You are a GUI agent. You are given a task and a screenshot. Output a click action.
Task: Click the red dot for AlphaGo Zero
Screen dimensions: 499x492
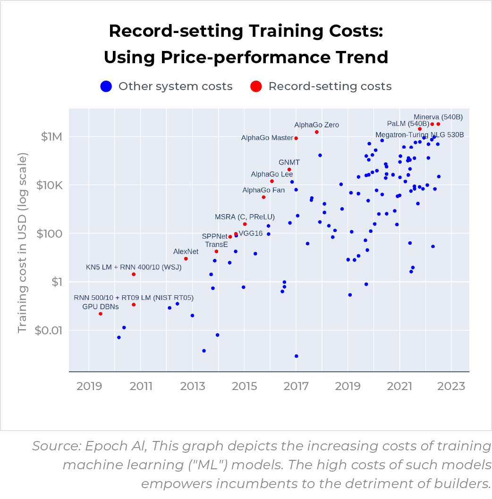click(x=316, y=132)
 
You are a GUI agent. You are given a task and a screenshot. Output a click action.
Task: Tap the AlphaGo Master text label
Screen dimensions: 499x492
click(x=267, y=138)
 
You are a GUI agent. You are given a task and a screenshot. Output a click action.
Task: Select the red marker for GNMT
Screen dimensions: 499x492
click(x=289, y=170)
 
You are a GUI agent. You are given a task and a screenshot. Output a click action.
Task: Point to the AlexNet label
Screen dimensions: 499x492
click(x=186, y=251)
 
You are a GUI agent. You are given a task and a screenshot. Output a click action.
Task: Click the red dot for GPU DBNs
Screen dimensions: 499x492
click(x=101, y=314)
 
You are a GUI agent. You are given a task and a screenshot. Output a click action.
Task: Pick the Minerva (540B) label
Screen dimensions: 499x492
click(x=438, y=116)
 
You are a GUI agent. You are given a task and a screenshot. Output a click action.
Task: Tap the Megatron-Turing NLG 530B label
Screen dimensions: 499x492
click(x=419, y=135)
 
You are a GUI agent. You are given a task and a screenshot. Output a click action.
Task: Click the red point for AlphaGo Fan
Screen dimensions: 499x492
click(x=263, y=197)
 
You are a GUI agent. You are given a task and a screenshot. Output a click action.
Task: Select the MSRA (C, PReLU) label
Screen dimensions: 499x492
click(x=245, y=217)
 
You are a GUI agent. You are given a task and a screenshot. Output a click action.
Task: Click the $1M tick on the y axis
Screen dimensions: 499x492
click(x=51, y=137)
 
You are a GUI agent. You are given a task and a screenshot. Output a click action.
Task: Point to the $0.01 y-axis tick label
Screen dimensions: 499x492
click(x=49, y=330)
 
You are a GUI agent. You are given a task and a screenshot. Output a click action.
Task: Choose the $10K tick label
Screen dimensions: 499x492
click(x=49, y=185)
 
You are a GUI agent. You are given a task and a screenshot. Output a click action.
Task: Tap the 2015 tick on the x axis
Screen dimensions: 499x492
click(x=244, y=386)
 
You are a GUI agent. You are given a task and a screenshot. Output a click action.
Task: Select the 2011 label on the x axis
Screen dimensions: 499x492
click(x=141, y=386)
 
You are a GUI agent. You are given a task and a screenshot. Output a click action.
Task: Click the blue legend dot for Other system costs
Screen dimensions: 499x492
click(x=106, y=86)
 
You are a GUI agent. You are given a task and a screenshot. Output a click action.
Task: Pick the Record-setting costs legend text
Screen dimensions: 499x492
click(x=330, y=86)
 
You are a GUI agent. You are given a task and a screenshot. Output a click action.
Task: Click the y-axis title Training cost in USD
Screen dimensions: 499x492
click(x=22, y=243)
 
